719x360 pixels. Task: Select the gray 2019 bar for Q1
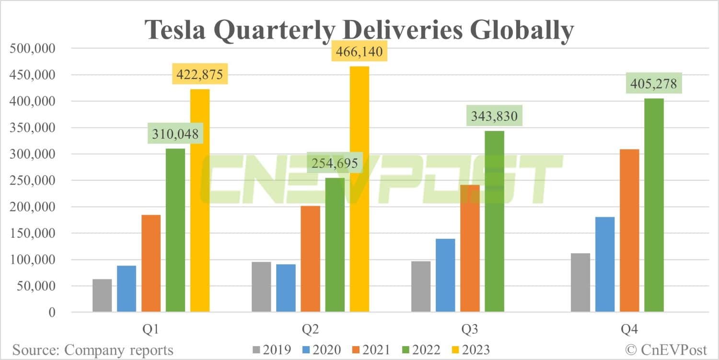pos(102,296)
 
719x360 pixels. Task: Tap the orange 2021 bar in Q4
pos(629,231)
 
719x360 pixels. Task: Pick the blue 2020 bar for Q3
pos(445,276)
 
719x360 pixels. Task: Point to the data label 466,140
pos(359,51)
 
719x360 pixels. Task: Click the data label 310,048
pos(175,134)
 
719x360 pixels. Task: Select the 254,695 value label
pos(335,163)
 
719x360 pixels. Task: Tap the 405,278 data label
pos(654,84)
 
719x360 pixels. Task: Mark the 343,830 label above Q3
pos(494,116)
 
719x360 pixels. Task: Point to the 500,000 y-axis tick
pos(33,48)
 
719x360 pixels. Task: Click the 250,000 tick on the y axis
pos(33,181)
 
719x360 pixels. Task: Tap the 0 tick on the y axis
pos(51,313)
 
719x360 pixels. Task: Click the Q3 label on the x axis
pos(470,330)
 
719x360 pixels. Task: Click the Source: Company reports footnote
pos(93,350)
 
